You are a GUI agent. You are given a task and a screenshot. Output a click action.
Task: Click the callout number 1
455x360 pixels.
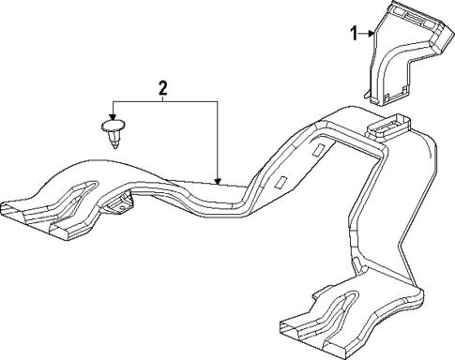354,35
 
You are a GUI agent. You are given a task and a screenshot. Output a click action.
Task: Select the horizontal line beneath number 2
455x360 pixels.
164,102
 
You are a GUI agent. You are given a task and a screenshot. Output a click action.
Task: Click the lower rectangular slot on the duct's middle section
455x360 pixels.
282,180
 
